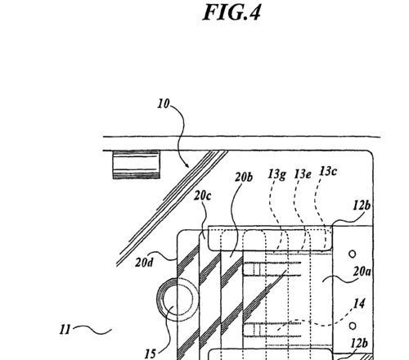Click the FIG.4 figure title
(231, 12)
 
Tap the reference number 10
(164, 104)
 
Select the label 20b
(244, 178)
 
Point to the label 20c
(202, 196)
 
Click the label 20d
(144, 262)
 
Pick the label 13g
(276, 174)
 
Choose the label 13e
(303, 174)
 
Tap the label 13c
(328, 171)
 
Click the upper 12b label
(362, 205)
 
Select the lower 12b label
(359, 344)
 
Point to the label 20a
(362, 272)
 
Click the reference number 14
(359, 304)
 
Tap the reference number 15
(150, 354)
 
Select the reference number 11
(65, 330)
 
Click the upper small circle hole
(353, 254)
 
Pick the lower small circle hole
(353, 326)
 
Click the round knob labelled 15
(158, 299)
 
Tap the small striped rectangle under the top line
(137, 164)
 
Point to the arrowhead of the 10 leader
(187, 165)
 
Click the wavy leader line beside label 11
(92, 330)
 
